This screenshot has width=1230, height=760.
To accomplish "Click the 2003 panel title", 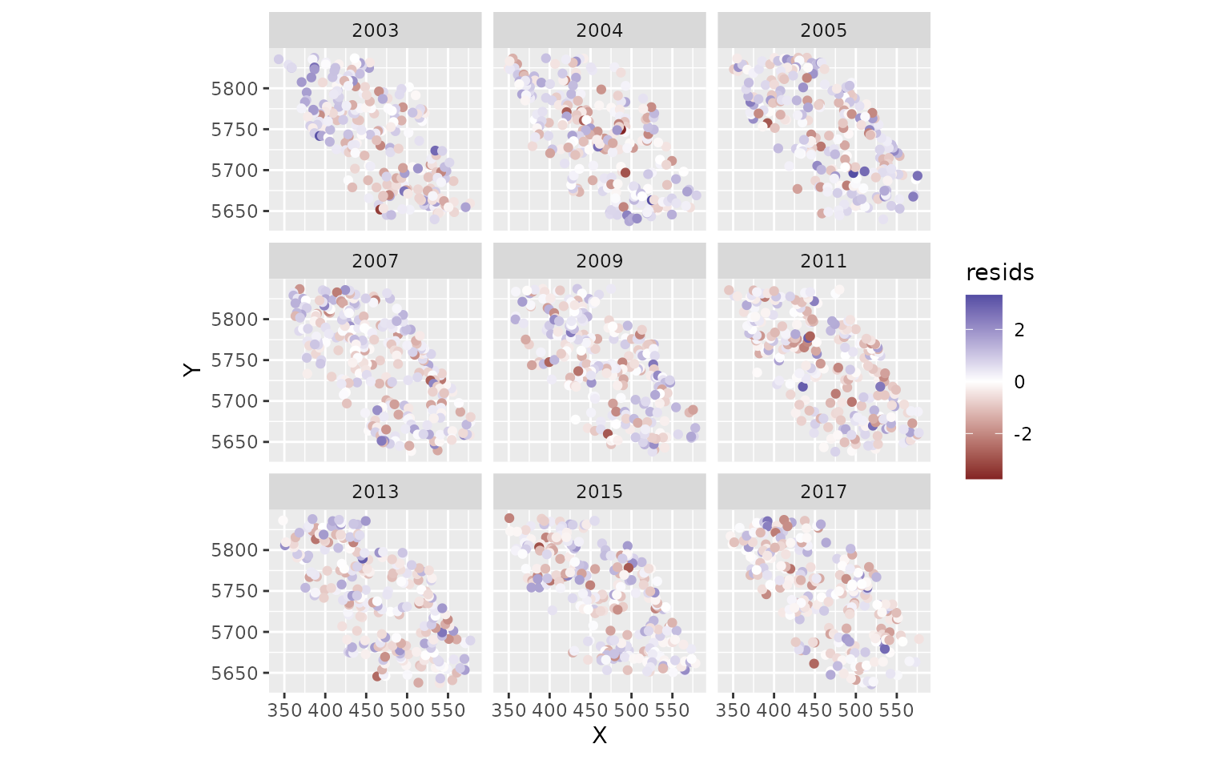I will [x=375, y=30].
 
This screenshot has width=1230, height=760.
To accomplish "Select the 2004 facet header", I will [x=599, y=30].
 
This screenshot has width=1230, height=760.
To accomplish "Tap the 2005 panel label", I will [x=823, y=30].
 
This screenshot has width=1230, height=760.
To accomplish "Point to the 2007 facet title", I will [x=375, y=261].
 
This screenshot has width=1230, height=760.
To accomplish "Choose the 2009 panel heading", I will [x=599, y=261].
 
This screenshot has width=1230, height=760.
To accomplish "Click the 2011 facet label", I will [x=823, y=261].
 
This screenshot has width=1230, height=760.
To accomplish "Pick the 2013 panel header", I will [x=375, y=492].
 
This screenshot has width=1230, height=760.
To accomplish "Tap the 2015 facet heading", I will [x=599, y=492].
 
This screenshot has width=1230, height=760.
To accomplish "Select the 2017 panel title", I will [x=823, y=492].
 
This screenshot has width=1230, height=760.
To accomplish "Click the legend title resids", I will [x=999, y=273].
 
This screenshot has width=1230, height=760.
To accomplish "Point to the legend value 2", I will [x=1019, y=330].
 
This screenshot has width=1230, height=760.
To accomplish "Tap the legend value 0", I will [x=1019, y=382].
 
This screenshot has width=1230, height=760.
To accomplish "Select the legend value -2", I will [x=1022, y=435].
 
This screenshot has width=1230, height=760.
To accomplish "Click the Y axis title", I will [x=191, y=369].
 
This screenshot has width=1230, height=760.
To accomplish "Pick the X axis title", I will [x=599, y=735].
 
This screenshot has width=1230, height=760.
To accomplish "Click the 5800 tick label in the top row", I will [x=235, y=88].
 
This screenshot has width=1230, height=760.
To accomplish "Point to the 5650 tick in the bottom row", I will [x=235, y=674].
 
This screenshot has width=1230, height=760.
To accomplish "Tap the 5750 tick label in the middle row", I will [x=235, y=360].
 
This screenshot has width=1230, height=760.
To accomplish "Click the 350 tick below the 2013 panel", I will [x=285, y=710].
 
